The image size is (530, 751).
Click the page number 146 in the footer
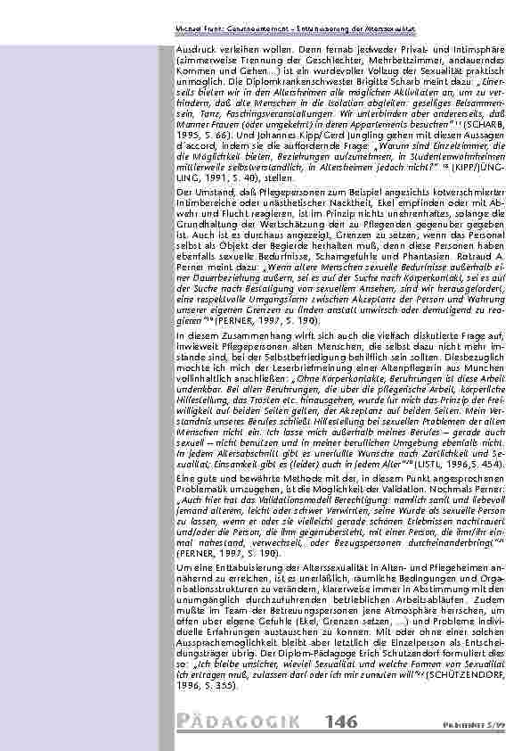(342, 721)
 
